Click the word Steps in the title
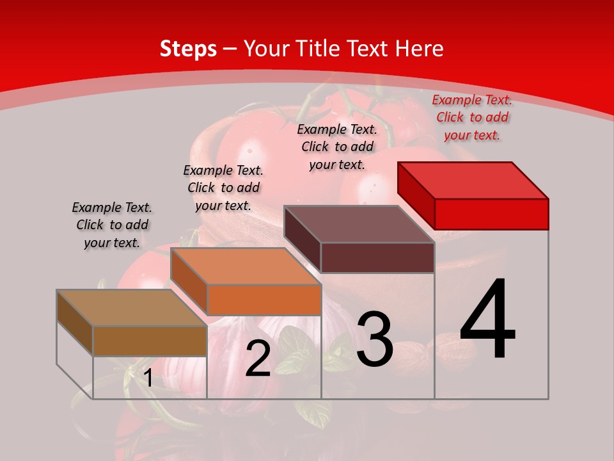tap(188, 49)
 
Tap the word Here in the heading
tap(420, 49)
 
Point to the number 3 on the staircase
tap(374, 339)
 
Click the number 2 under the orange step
tap(258, 359)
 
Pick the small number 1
tap(148, 378)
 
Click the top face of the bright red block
tap(473, 180)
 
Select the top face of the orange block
tap(246, 266)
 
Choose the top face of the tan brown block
tap(132, 308)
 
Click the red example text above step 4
tap(472, 117)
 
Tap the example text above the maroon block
tap(337, 147)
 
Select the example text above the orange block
tap(223, 188)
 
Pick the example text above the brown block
tap(112, 225)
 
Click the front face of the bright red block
tap(491, 214)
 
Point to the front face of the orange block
tap(264, 300)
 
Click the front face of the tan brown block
tap(150, 341)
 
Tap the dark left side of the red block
tap(416, 195)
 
